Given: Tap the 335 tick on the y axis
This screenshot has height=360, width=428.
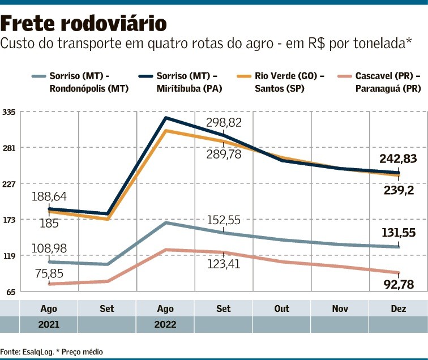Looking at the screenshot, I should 10,112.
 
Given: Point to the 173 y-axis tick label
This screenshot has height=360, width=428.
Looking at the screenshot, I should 10,220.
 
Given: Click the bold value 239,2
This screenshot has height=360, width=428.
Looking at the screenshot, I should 399,190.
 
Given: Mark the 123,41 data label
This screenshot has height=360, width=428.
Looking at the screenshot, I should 224,264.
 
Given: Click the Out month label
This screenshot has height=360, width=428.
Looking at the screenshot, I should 281,309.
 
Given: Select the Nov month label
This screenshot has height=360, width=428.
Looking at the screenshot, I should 340,309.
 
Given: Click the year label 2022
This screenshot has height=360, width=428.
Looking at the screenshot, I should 165,325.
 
